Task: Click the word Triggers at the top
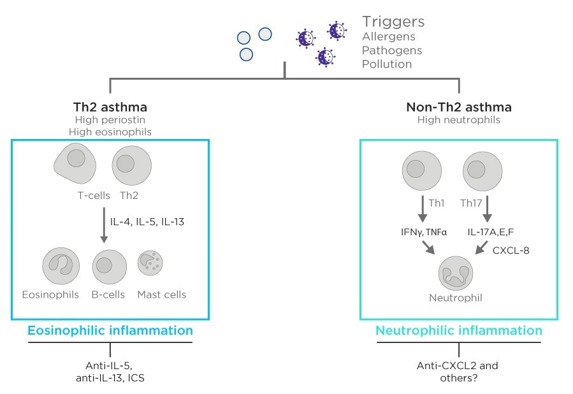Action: tap(393, 22)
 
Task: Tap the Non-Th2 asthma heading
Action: tap(459, 106)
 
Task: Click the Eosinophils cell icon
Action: tap(61, 266)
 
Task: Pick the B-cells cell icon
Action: tap(110, 266)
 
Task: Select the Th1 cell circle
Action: tap(422, 169)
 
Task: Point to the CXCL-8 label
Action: tap(511, 250)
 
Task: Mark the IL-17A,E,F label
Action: tap(492, 233)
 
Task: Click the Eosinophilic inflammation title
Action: tap(110, 331)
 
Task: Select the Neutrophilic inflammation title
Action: tap(459, 331)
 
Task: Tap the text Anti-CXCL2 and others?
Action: tap(458, 372)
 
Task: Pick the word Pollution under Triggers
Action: tap(387, 64)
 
